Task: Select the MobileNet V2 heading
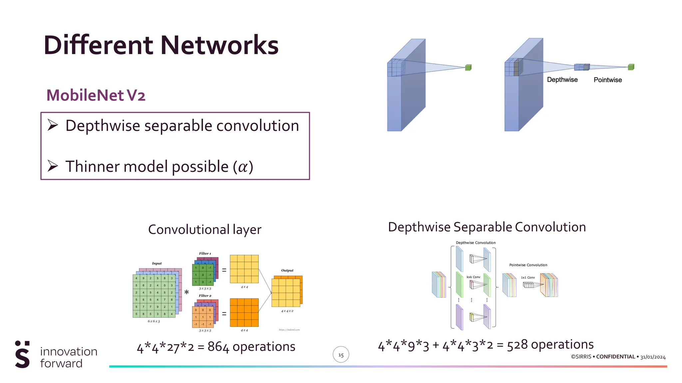(96, 95)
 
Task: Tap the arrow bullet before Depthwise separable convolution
(53, 125)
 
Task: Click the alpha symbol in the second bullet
(243, 167)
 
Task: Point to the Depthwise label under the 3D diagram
(562, 80)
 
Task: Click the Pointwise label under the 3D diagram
(607, 80)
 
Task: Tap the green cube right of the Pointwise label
(631, 67)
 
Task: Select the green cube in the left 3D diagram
(468, 67)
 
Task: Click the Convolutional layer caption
(204, 230)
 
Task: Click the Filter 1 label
(205, 253)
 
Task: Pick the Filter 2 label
(205, 296)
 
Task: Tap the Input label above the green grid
(157, 263)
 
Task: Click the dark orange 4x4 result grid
(244, 313)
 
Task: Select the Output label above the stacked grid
(287, 270)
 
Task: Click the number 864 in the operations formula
(218, 347)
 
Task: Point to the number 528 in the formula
(517, 345)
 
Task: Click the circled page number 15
(341, 355)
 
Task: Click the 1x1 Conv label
(528, 278)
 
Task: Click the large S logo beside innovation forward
(22, 355)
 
